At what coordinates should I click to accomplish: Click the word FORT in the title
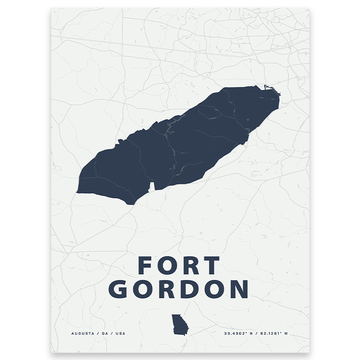tap(179, 265)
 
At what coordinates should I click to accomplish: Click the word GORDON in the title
tap(179, 289)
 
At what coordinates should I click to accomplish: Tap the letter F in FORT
tap(146, 265)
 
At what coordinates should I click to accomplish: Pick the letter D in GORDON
tap(190, 289)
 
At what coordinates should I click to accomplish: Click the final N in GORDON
tap(238, 289)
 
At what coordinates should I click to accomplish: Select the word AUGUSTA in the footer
tap(82, 333)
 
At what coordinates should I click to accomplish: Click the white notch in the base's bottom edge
tap(151, 186)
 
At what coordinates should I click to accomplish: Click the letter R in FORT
tap(190, 265)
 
